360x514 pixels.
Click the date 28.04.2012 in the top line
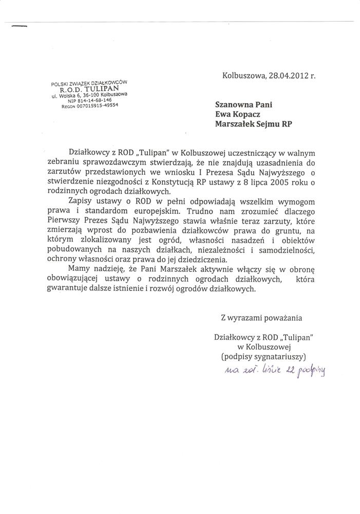click(x=286, y=75)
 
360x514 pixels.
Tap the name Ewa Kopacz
click(x=240, y=115)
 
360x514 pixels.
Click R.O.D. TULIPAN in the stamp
click(x=89, y=89)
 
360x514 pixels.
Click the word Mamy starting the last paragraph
click(x=80, y=269)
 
